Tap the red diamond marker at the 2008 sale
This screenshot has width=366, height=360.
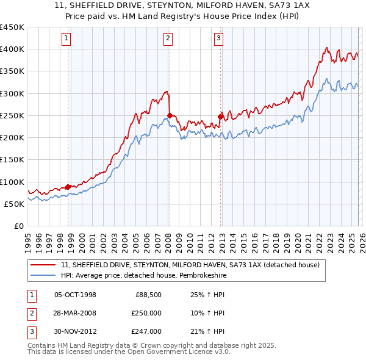170,115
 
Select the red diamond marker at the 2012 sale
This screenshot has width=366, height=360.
221,117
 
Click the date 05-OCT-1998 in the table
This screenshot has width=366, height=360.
76,295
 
